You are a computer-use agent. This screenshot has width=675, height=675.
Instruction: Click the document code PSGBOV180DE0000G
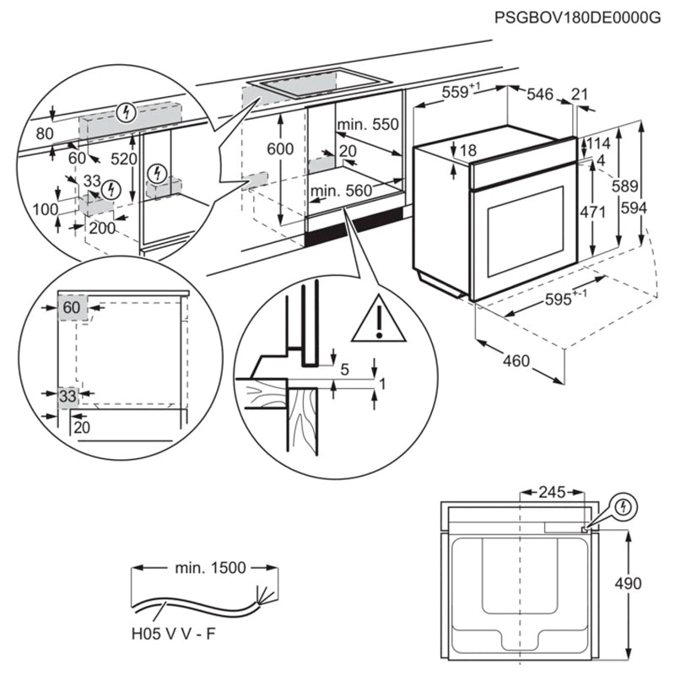576,16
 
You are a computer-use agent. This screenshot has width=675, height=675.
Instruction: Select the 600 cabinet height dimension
280,149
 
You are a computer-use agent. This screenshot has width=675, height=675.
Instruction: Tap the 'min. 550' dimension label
367,125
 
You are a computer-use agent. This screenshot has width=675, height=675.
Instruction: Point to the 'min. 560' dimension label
340,192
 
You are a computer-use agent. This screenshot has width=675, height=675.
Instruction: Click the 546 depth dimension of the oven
540,95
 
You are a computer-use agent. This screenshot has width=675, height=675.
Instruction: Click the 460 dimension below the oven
516,361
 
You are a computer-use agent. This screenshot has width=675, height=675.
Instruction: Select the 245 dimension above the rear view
552,491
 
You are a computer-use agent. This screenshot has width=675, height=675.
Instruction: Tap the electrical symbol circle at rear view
624,507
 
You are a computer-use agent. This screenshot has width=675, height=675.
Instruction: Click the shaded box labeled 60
72,309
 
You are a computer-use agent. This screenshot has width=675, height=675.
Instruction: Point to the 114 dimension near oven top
599,143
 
